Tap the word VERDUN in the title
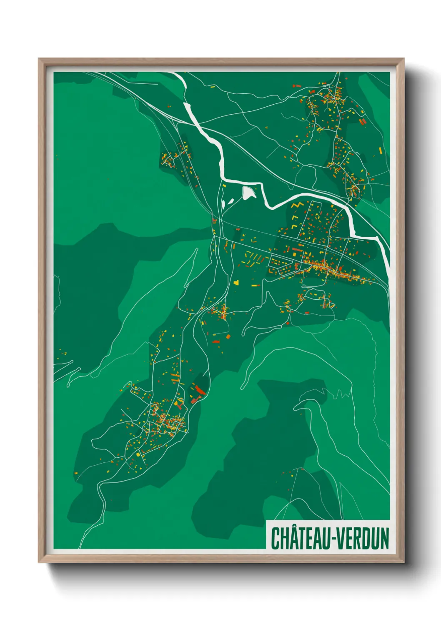tap(363, 539)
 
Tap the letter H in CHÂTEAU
tap(284, 539)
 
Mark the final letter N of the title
tap(384, 539)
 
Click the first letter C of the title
tap(276, 539)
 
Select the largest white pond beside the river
tap(248, 193)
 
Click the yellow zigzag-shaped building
tap(297, 206)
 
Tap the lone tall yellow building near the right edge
tap(380, 150)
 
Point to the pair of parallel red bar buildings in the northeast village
tap(363, 121)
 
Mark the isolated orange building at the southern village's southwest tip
tap(76, 473)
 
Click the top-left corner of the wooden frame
tap(39, 59)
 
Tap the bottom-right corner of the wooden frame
tap(403, 562)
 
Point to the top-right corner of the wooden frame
tap(403, 59)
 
